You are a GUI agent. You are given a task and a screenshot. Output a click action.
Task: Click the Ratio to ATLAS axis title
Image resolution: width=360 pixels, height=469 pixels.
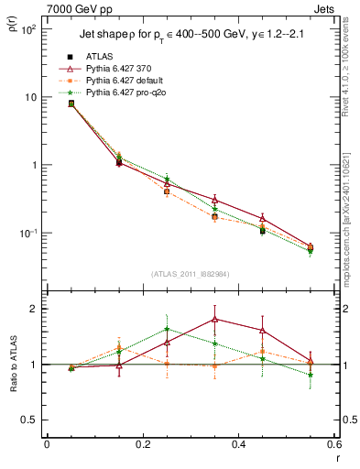(12, 365)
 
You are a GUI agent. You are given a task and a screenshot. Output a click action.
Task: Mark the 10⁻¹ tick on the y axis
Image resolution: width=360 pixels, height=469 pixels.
(29, 233)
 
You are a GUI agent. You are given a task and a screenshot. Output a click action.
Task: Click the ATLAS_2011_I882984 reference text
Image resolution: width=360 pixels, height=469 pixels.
(190, 272)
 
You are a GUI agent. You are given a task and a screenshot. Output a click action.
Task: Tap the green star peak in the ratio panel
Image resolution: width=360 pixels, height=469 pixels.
(167, 329)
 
